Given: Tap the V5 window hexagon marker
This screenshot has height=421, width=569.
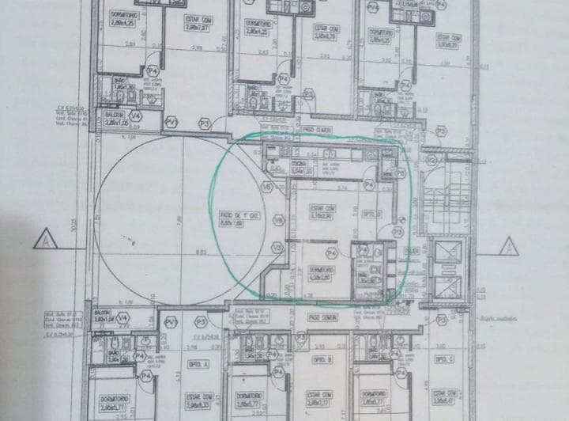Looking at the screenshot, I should tap(267, 187).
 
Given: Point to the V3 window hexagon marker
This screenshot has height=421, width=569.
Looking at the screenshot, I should tap(277, 248).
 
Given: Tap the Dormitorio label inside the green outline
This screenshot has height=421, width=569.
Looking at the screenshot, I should tap(322, 273).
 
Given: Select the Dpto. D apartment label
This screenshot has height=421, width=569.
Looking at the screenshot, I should tap(371, 214).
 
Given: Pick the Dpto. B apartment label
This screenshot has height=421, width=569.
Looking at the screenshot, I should tap(323, 361).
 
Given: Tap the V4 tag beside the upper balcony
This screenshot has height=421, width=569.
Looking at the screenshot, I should tap(135, 116).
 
